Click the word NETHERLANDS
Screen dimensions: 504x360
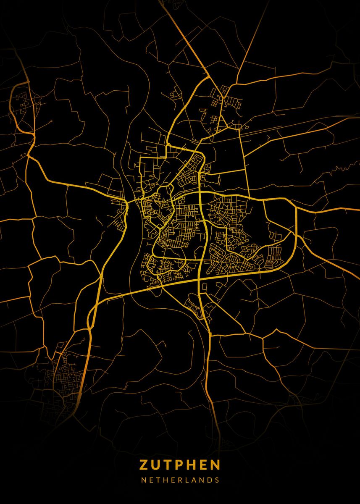(x=180, y=480)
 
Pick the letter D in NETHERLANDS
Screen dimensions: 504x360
(x=210, y=480)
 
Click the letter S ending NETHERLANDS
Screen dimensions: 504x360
(x=217, y=480)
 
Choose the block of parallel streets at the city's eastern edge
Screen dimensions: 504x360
(x=275, y=254)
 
